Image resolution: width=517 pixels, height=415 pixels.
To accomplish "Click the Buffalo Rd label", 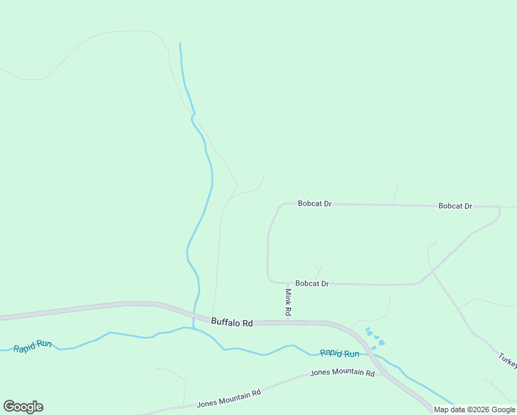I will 232,322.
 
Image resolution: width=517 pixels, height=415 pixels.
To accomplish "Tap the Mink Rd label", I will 288,303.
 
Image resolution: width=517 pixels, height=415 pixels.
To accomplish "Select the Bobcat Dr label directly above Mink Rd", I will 312,284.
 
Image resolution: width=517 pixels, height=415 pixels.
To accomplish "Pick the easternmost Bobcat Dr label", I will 455,206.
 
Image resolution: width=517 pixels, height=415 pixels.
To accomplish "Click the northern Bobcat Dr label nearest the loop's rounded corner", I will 314,204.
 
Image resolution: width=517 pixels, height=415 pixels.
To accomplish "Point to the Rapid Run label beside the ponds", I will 339,353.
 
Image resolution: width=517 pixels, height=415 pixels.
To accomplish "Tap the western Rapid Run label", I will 32,344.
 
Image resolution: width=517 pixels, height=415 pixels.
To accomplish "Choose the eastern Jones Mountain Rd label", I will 342,373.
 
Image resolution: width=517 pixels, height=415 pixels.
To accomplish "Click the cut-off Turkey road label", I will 507,361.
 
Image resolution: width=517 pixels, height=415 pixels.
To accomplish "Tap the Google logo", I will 23,407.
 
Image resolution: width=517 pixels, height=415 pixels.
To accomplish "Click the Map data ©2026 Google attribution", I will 474,410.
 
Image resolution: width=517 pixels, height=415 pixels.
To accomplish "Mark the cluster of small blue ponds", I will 374,338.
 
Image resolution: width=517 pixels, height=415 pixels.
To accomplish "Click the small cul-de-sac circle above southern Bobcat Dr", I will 319,268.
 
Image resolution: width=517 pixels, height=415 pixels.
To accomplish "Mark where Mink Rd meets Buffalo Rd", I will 288,322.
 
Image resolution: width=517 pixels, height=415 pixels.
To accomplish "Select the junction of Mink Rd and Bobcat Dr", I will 287,283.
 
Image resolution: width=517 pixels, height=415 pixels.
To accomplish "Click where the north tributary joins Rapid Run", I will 194,329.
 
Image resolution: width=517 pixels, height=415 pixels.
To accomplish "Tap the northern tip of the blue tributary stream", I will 180,44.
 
